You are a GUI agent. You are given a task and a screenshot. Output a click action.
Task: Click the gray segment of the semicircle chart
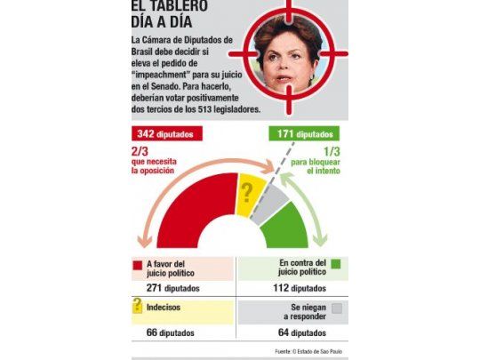(270, 204)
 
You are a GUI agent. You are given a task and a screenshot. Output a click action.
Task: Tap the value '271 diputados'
(172, 288)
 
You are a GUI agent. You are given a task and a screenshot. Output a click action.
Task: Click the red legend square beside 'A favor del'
(138, 264)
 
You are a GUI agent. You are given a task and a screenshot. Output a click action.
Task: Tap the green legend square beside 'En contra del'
(334, 264)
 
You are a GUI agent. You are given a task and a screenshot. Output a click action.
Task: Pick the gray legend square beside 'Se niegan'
(334, 308)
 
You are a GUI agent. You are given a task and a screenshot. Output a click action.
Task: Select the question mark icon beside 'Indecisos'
(138, 308)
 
